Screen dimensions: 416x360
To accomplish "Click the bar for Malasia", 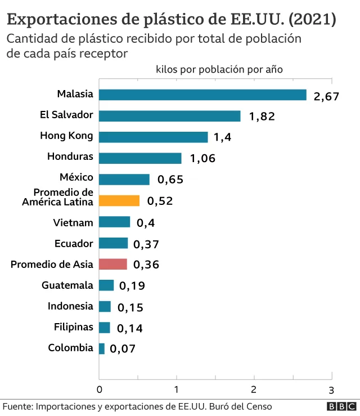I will point(202,95).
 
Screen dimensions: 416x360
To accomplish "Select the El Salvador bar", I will point(170,116).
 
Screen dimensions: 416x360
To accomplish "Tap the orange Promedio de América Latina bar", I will point(119,200).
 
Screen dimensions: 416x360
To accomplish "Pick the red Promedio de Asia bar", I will point(113,264).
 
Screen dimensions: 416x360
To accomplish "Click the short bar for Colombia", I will point(102,348).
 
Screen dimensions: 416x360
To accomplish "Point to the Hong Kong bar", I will point(154,137).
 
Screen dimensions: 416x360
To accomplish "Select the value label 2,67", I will point(326,96).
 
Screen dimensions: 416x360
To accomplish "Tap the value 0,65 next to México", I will point(170,180).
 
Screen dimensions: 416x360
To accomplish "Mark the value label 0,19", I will point(132,286).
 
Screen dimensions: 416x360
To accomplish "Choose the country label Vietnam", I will point(73,222).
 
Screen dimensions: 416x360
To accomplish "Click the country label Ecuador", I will point(74,243).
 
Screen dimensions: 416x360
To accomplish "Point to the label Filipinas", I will point(74,327).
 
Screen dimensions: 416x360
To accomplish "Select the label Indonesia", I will point(70,306).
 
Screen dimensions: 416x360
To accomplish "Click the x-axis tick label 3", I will point(331,390).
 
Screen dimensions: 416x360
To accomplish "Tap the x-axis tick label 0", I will point(100,390).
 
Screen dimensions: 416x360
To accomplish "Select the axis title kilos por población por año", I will point(219,69).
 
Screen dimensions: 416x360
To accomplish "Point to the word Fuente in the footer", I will point(17,406).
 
